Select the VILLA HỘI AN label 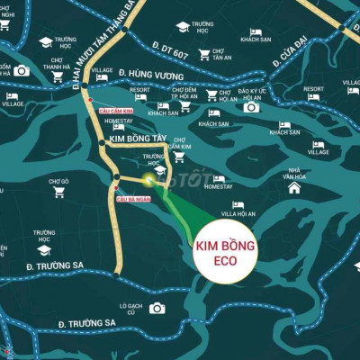238,214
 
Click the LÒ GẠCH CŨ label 131,308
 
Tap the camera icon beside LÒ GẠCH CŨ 157,308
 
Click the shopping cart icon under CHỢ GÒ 59,192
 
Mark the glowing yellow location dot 148,180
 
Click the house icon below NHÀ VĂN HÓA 294,188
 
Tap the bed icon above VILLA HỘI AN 238,204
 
